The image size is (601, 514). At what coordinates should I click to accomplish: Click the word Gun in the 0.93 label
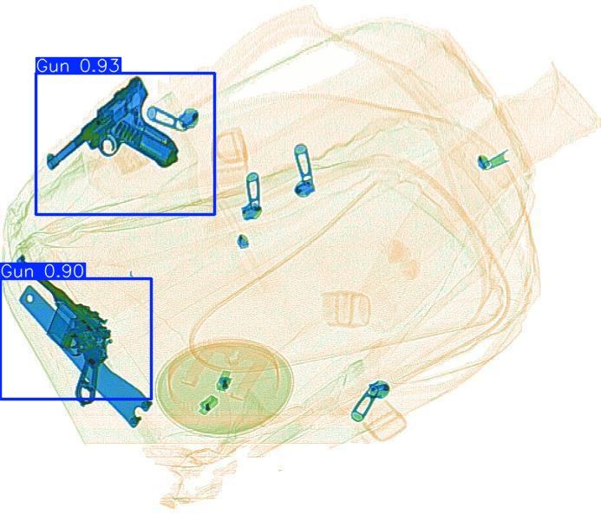(53, 66)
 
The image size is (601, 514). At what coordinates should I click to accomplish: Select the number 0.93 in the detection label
(100, 66)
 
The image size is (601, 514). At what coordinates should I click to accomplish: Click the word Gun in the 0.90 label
(17, 271)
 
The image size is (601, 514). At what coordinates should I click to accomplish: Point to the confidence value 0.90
(64, 271)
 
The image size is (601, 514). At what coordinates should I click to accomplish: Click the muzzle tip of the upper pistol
(50, 163)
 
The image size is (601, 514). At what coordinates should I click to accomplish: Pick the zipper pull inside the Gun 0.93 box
(173, 118)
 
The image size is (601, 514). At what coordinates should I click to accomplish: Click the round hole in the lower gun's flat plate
(29, 298)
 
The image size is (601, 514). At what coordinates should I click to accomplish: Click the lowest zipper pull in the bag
(369, 401)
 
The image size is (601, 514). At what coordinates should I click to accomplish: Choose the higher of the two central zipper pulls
(304, 171)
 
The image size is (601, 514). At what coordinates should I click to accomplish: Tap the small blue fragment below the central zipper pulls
(243, 241)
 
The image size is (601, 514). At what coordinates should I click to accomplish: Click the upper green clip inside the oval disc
(224, 381)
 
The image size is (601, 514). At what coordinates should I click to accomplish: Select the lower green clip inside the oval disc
(207, 405)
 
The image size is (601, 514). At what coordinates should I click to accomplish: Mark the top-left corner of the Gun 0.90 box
(0, 279)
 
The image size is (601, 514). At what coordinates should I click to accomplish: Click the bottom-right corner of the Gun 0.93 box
(215, 214)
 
